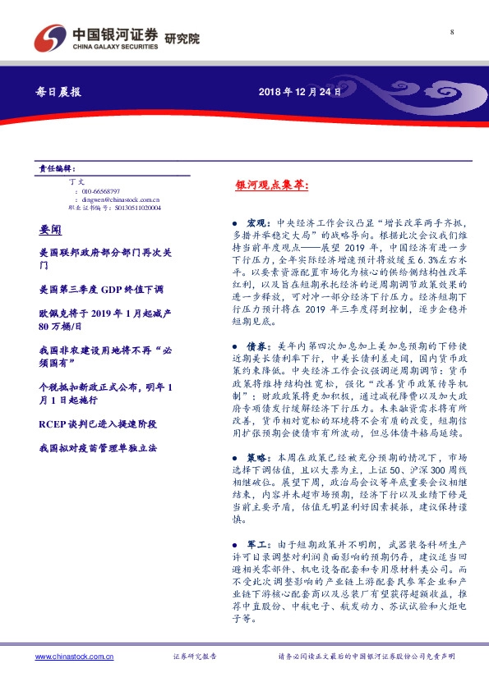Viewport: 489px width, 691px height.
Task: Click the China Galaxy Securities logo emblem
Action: tap(50, 38)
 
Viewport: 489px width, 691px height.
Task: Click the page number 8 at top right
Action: tap(453, 31)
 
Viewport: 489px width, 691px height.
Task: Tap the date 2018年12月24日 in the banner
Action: tap(293, 91)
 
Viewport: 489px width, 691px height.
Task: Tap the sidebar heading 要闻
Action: tap(50, 225)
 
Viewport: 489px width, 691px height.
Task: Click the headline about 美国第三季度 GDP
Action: tap(102, 289)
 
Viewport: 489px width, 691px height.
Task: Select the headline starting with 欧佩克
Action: tap(95, 319)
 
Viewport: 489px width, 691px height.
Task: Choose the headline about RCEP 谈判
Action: tap(97, 424)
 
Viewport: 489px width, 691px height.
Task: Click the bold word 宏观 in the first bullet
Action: tap(255, 222)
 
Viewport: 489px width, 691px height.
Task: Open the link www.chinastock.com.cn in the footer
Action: tap(75, 657)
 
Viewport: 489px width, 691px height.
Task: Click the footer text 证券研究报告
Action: tap(194, 657)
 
